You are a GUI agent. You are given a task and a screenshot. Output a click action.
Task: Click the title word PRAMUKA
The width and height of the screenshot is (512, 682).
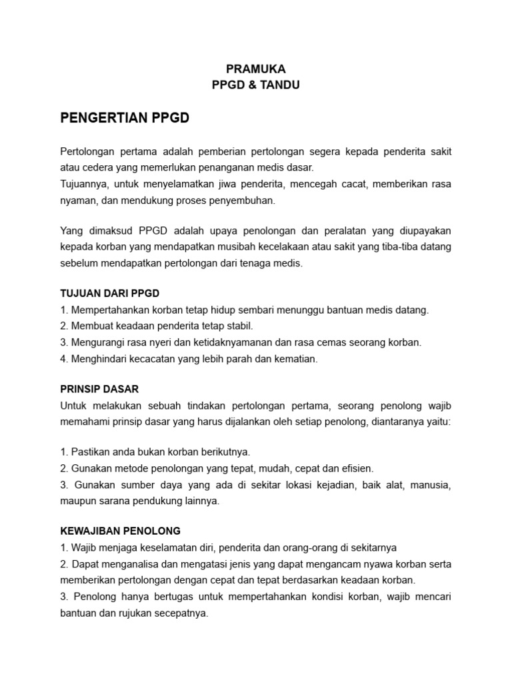[x=255, y=69]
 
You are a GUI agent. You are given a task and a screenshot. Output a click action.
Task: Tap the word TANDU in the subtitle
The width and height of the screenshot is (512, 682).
[x=281, y=85]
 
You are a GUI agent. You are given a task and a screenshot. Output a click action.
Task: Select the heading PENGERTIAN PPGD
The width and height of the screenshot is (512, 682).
[x=125, y=119]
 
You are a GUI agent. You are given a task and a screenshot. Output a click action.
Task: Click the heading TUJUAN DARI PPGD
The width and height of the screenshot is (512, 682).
[x=110, y=294]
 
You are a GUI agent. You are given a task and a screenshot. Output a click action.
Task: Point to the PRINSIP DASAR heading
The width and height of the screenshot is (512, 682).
[x=99, y=389]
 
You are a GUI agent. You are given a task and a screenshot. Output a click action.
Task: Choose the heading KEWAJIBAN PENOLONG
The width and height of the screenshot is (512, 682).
[x=120, y=531]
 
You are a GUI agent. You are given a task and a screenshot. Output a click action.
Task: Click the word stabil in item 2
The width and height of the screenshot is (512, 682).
[x=237, y=326]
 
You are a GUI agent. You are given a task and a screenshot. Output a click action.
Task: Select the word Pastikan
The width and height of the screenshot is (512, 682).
[x=91, y=452]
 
